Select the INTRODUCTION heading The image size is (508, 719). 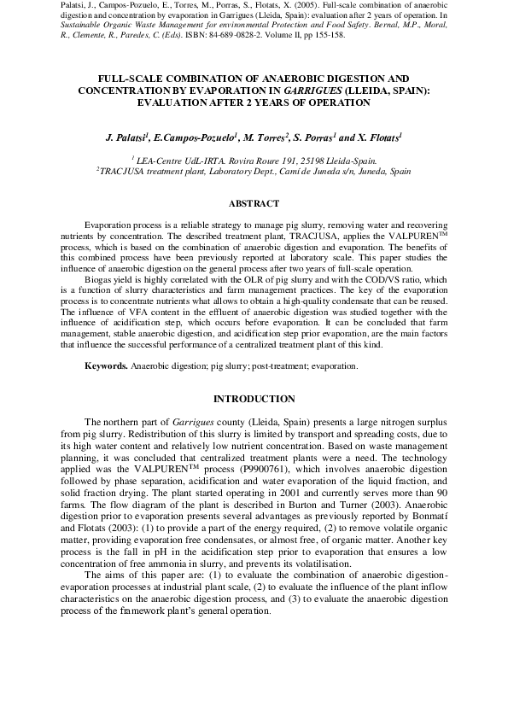(x=254, y=399)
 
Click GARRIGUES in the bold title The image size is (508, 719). (x=301, y=90)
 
